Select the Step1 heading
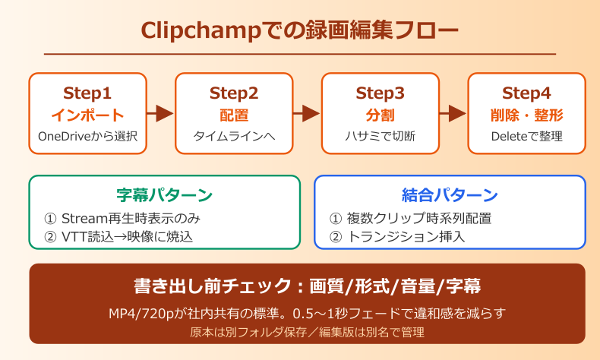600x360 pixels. coord(87,94)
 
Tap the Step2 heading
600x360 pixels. coord(234,94)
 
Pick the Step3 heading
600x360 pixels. coord(380,94)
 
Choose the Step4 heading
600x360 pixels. coord(526,94)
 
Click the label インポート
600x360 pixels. coord(87,115)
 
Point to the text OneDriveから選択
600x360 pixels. coord(87,137)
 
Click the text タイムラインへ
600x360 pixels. coord(234,137)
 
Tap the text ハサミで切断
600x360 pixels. coord(380,137)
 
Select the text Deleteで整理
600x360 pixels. coord(526,137)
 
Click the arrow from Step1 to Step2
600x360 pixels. coord(160,114)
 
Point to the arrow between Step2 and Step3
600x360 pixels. coord(307,114)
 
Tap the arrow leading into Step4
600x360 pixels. coord(453,114)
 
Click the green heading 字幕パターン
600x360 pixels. coord(164,195)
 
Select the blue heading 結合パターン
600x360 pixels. coord(450,195)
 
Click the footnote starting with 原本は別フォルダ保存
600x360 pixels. coord(307,332)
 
